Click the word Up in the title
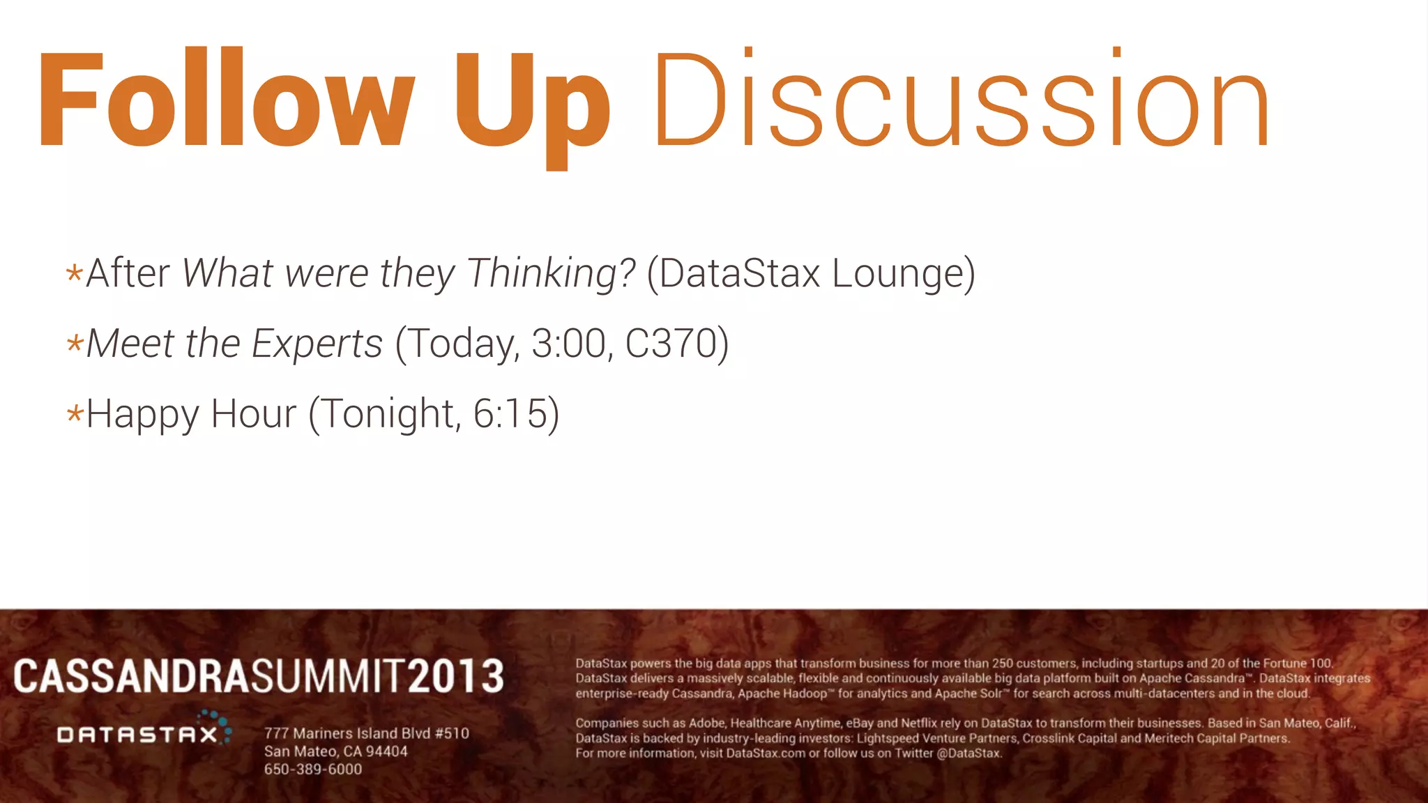533,105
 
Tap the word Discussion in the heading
962,101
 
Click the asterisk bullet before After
75,273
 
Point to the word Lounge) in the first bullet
904,273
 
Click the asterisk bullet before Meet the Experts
75,343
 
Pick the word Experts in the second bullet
317,344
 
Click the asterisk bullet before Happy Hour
75,414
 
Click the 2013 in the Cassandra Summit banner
455,676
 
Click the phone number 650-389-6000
313,770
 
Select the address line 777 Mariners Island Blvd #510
366,733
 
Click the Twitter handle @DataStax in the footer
969,754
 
